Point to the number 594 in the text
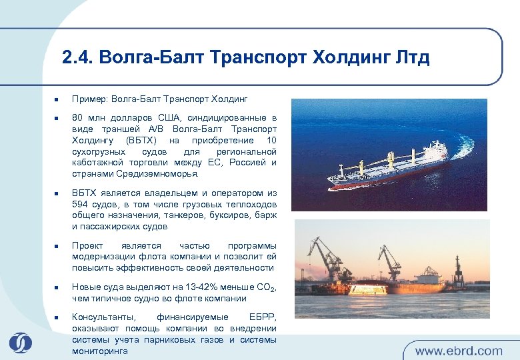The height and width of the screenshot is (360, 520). [x=82, y=204]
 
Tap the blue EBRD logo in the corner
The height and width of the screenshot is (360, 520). [x=20, y=342]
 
